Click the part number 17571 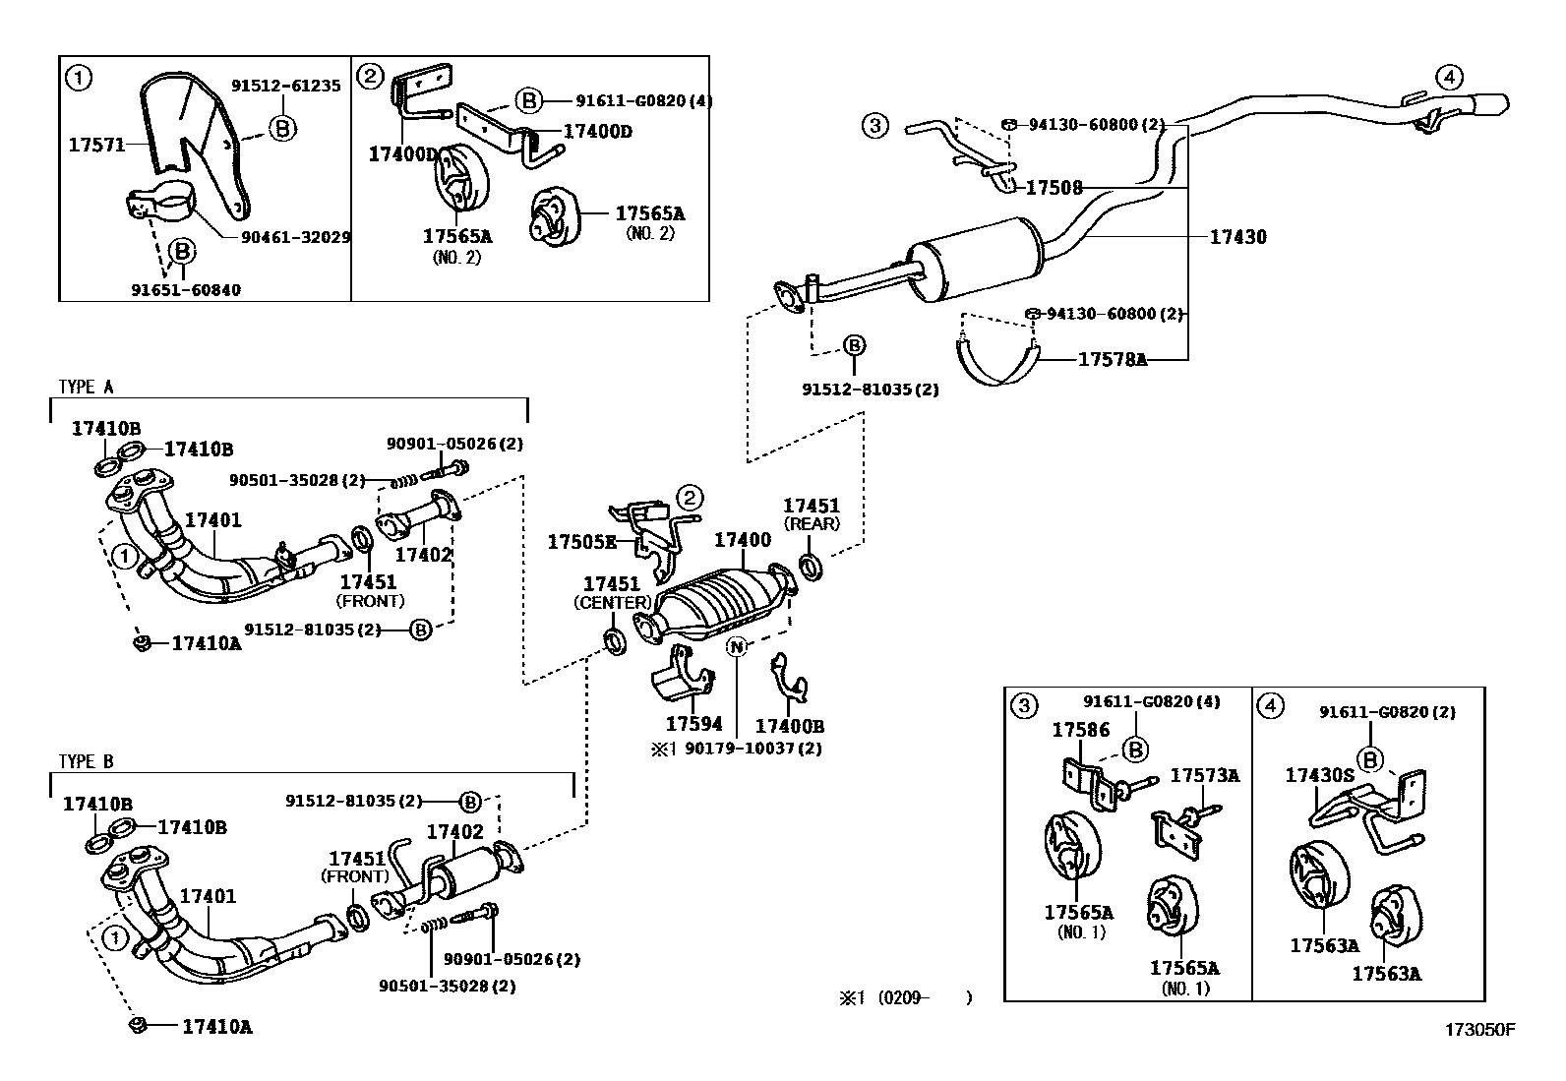(x=96, y=145)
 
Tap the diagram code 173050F (x=1479, y=1030)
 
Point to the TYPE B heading (x=86, y=761)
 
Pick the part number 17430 (x=1237, y=237)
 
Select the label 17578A (x=1113, y=360)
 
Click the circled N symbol (x=737, y=646)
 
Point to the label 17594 (x=693, y=724)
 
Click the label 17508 (x=1054, y=187)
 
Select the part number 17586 (x=1080, y=730)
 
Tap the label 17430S (x=1319, y=775)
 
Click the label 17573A (x=1204, y=776)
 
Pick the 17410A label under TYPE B (x=216, y=1027)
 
